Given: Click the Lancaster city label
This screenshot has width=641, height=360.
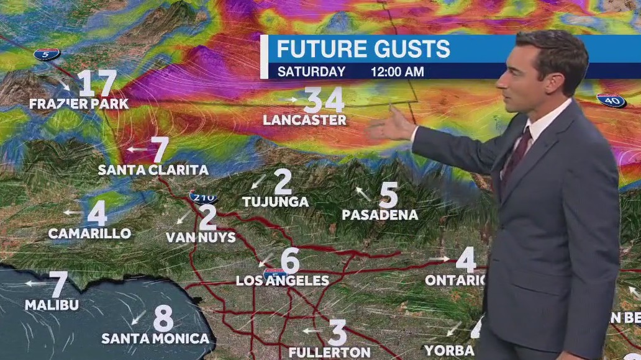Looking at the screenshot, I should click(304, 120).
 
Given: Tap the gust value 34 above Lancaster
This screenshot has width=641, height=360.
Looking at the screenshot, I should click(323, 99).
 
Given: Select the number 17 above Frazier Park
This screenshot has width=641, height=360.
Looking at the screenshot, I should click(98, 83).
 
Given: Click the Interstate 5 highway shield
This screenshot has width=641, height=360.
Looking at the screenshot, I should click(47, 54).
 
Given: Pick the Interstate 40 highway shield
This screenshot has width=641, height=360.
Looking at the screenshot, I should click(611, 100).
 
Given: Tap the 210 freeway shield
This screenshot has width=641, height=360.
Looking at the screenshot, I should click(204, 197).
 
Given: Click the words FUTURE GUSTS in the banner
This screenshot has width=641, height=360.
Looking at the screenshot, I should click(363, 48).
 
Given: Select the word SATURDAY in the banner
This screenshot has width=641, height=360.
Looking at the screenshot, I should click(311, 71).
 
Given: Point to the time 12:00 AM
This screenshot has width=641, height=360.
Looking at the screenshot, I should click(398, 71).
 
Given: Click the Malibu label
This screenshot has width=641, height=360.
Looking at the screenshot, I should click(52, 305).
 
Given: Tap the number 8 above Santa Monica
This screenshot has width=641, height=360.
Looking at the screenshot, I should click(163, 318).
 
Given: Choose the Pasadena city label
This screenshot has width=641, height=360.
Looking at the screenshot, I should click(380, 215).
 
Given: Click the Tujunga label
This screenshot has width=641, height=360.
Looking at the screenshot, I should click(275, 202).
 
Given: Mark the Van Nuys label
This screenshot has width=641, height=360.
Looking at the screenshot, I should click(201, 237).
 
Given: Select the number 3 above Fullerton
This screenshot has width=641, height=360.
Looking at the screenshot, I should click(337, 333).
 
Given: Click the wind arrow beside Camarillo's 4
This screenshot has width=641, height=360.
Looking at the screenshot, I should click(72, 212).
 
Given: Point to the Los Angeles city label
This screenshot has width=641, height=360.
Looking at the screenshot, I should click(283, 281).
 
